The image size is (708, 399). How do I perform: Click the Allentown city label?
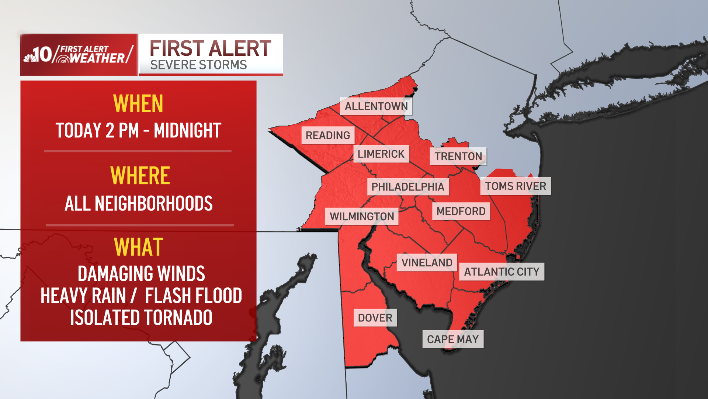point(376,106)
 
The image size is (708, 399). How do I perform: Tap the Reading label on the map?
point(328,136)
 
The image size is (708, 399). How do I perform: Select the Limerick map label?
point(381,154)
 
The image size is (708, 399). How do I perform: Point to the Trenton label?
point(458,156)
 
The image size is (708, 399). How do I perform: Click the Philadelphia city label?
point(408,187)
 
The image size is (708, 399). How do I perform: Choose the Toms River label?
point(516,186)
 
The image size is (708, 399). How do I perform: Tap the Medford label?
point(461,211)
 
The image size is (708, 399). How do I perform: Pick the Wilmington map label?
point(362,216)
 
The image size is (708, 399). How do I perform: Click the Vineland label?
point(427,263)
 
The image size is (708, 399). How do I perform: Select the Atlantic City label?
point(502,272)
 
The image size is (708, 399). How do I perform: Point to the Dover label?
point(375,318)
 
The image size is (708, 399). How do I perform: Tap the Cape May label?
point(453,339)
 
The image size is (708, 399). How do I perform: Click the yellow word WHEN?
point(138,104)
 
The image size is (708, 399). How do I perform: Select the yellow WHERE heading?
point(140,176)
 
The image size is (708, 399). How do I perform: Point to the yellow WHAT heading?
point(139,247)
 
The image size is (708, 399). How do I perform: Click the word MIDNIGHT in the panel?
point(187,131)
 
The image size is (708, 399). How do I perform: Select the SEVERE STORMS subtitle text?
point(198,65)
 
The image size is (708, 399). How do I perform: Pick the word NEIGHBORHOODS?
point(154,204)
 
